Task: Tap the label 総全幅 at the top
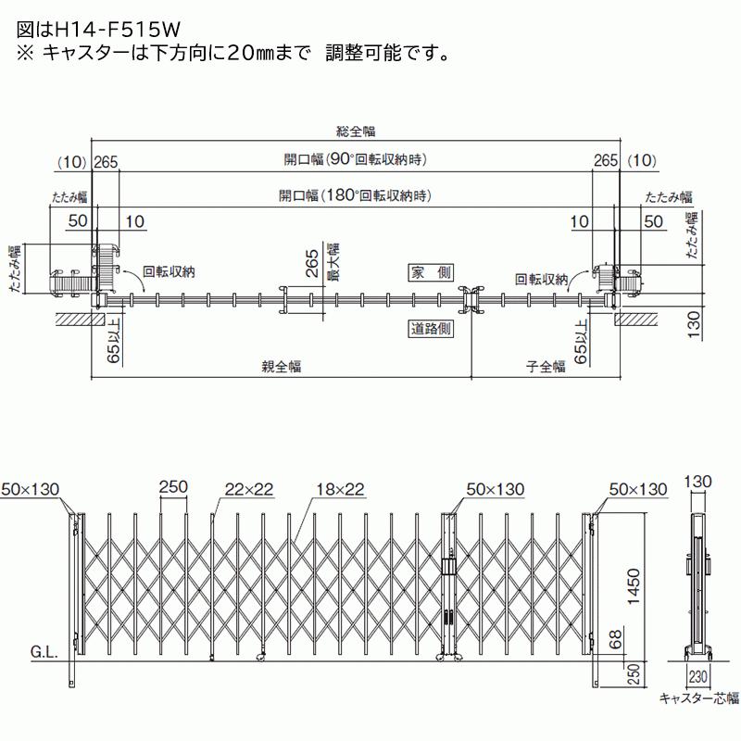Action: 357,132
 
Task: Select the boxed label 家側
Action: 430,272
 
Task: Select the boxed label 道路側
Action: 430,328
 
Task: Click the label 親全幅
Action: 281,366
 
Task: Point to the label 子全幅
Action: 546,366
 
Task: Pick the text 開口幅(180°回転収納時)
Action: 357,195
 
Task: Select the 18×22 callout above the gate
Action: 338,489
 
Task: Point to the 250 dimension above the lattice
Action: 173,489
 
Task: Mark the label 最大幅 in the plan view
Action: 331,262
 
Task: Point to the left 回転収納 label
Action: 170,272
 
